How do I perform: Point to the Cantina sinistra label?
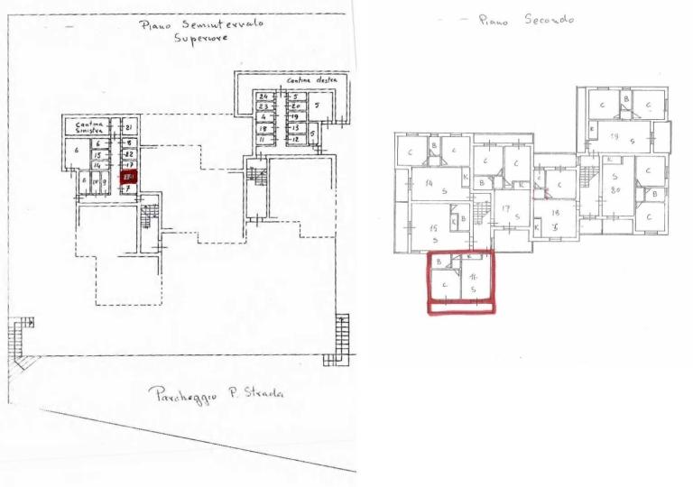pyautogui.click(x=89, y=129)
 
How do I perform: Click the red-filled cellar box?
pyautogui.click(x=128, y=178)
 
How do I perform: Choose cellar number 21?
pyautogui.click(x=128, y=126)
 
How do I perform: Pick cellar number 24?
pyautogui.click(x=263, y=96)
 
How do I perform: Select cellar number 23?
pyautogui.click(x=263, y=106)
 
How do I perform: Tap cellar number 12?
pyautogui.click(x=296, y=139)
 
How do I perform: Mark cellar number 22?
pyautogui.click(x=128, y=154)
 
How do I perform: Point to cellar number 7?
pyautogui.click(x=128, y=188)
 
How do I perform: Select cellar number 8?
pyautogui.click(x=128, y=142)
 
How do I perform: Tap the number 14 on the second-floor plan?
pyautogui.click(x=429, y=183)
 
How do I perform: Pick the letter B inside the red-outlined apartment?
pyautogui.click(x=439, y=262)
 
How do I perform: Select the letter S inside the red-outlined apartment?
pyautogui.click(x=475, y=289)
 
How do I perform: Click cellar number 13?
pyautogui.click(x=296, y=128)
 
